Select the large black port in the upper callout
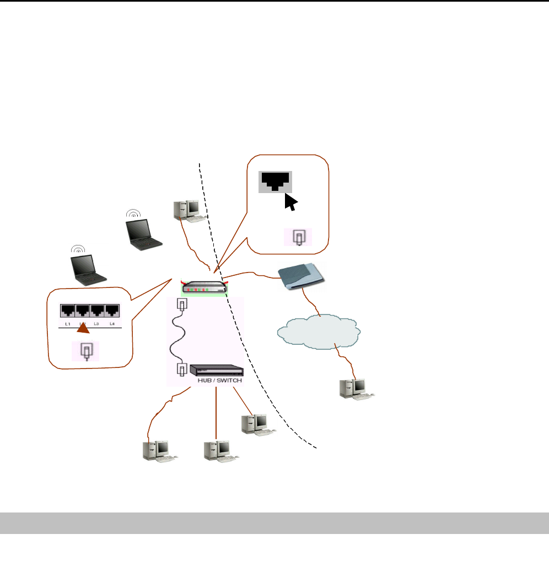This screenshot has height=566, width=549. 275,181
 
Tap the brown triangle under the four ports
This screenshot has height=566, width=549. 83,330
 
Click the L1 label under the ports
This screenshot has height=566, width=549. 68,323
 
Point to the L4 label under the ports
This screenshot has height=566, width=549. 112,323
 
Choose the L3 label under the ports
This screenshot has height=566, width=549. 96,323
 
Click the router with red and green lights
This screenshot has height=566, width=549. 204,287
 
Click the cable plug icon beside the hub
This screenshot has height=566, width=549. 180,370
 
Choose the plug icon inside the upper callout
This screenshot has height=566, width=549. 298,237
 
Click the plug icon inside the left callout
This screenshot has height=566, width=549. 86,351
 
